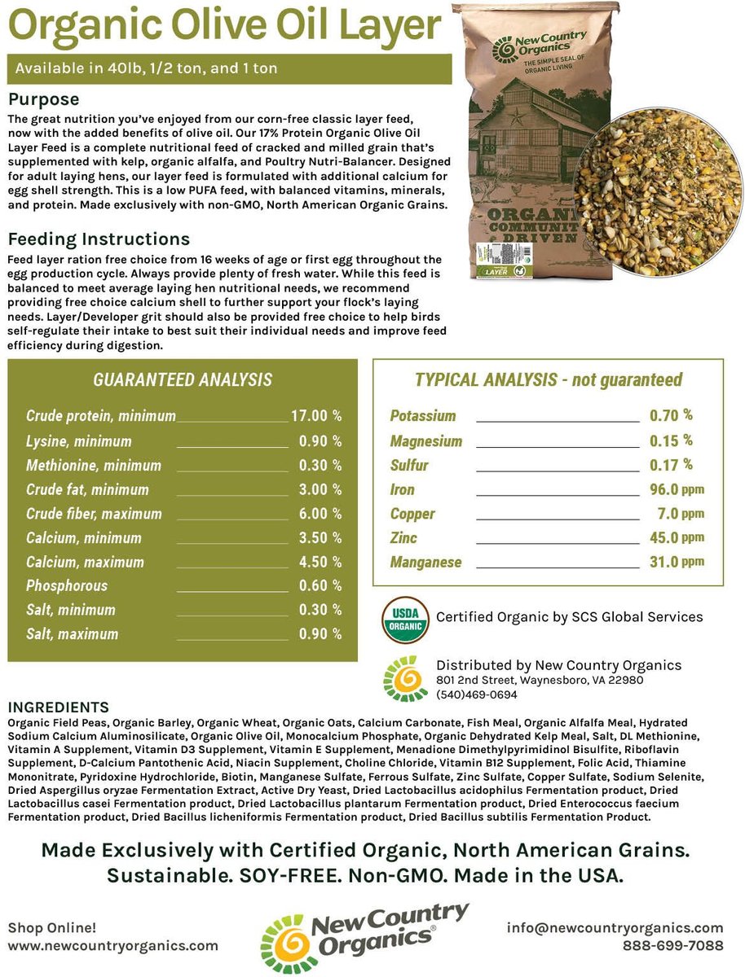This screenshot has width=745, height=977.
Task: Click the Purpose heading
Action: [43, 99]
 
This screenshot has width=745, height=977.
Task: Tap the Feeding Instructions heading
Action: [99, 239]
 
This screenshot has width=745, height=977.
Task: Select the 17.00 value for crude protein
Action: [310, 416]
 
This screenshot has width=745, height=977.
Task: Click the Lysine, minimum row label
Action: [78, 441]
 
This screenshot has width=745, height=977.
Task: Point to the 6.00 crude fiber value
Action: [314, 514]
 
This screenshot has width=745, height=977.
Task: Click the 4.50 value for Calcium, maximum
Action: [314, 562]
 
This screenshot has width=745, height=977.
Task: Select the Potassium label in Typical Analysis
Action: [423, 416]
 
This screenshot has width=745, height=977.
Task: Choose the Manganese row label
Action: [425, 562]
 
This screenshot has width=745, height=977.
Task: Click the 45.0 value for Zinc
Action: [665, 537]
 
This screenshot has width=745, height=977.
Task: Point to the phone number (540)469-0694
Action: [477, 694]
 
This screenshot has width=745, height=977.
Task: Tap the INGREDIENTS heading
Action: [57, 707]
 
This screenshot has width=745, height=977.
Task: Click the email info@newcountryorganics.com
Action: [615, 927]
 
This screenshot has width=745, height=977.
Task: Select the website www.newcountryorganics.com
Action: [113, 945]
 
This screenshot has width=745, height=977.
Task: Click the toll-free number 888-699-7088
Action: [672, 945]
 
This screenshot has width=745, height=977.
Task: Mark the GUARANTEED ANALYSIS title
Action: [183, 380]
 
